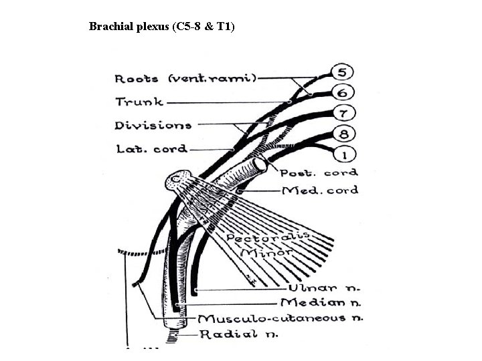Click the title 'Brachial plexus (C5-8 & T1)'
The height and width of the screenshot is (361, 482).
(x=161, y=27)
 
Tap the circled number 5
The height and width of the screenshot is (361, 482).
(x=341, y=72)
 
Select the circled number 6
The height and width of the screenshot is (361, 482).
(x=341, y=94)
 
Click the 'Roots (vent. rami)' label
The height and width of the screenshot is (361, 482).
(x=185, y=78)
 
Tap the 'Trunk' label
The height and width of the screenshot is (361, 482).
(x=139, y=102)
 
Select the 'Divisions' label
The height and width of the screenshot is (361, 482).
(x=153, y=125)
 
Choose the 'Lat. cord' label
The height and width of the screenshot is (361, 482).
(x=151, y=148)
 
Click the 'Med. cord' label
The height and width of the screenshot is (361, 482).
(x=320, y=191)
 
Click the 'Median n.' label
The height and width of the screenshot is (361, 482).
(x=321, y=303)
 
